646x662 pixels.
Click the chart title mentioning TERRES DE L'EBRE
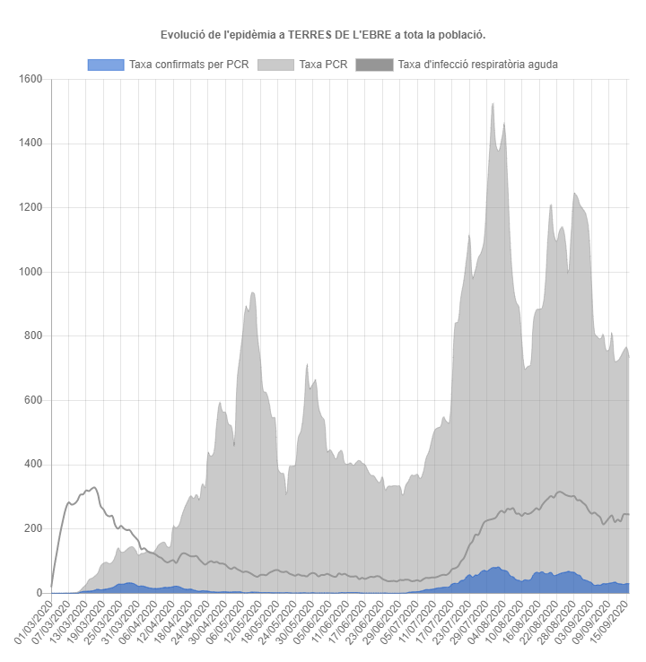(x=323, y=34)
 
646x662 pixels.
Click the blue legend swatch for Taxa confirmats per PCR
(x=105, y=65)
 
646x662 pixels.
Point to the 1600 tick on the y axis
(x=31, y=79)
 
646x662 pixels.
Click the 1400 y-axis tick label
(x=31, y=144)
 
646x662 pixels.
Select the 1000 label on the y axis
(x=31, y=272)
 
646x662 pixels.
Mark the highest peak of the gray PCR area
(x=493, y=104)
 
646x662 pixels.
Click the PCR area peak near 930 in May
(x=253, y=293)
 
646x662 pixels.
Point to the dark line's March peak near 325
(x=93, y=488)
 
